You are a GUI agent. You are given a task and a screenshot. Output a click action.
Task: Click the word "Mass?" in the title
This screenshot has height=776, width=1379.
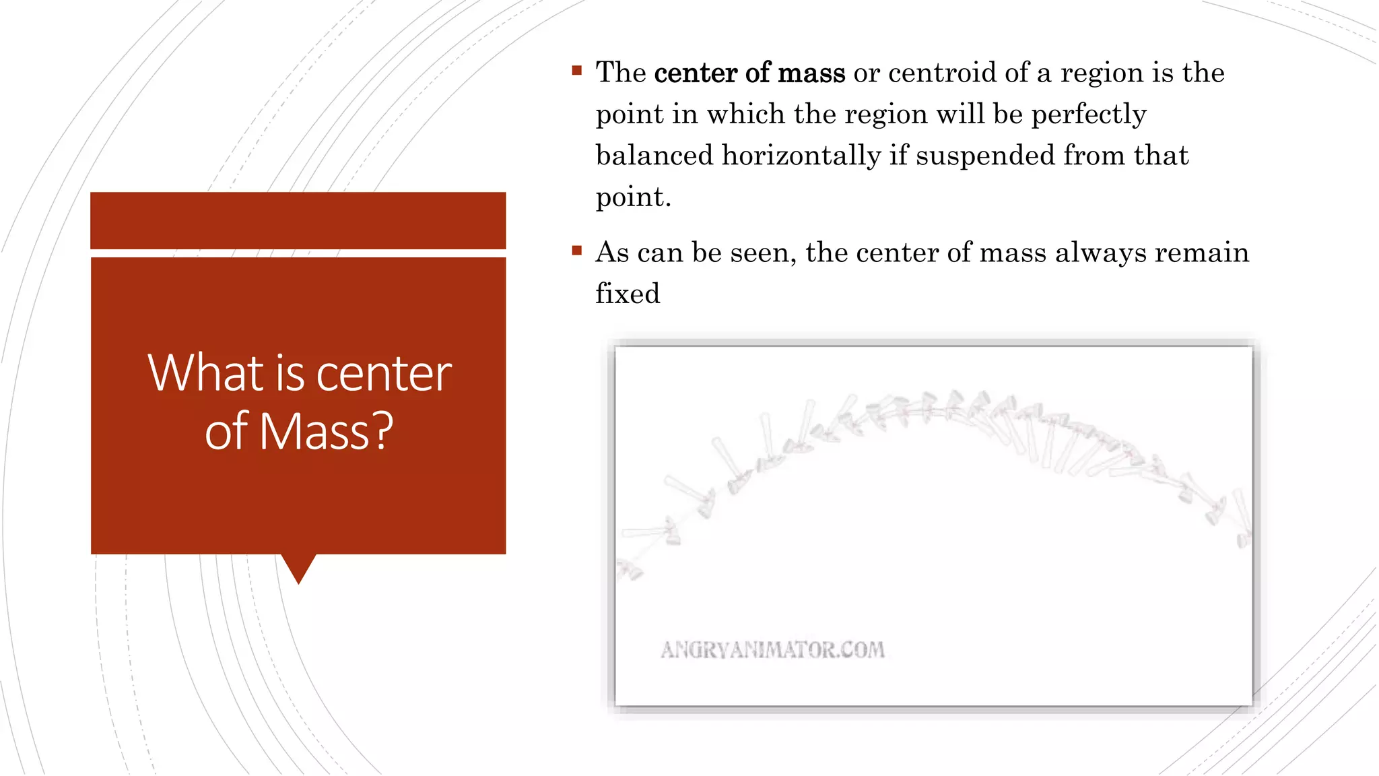[326, 431]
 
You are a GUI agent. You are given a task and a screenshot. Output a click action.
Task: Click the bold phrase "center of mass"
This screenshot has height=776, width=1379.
[749, 73]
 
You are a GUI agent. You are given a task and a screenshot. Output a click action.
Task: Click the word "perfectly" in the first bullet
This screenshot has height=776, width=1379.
[1089, 115]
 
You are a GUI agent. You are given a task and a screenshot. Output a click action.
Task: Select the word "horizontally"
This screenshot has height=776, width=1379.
[801, 156]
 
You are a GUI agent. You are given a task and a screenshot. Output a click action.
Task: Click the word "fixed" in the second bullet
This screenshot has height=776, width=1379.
[628, 294]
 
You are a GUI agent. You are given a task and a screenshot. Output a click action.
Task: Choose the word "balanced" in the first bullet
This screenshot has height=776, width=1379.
[654, 156]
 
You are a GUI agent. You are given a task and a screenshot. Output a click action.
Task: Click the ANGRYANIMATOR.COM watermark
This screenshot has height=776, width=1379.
[772, 650]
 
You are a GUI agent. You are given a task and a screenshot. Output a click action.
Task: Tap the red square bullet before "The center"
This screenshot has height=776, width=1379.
[576, 70]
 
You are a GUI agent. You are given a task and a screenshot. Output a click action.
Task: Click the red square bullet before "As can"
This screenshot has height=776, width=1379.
[576, 251]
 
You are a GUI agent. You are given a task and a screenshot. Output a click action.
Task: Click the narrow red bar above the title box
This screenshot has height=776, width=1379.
[298, 220]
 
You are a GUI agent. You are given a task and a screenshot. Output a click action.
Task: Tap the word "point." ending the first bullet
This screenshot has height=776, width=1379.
[633, 198]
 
